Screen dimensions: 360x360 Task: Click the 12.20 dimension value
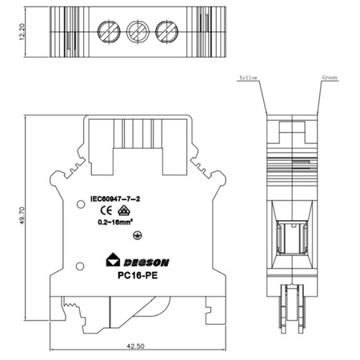click(x=22, y=32)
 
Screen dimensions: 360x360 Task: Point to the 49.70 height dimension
click(x=22, y=215)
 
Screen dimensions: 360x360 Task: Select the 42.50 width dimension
click(x=135, y=346)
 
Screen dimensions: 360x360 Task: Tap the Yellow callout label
click(x=248, y=78)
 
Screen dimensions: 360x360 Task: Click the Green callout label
click(x=330, y=78)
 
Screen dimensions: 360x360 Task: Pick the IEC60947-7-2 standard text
click(x=115, y=198)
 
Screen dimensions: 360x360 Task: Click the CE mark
click(x=106, y=211)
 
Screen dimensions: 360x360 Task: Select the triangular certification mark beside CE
click(x=124, y=210)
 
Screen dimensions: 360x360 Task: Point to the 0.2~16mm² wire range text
click(x=115, y=222)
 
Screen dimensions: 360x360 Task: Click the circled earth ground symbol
click(x=138, y=235)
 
